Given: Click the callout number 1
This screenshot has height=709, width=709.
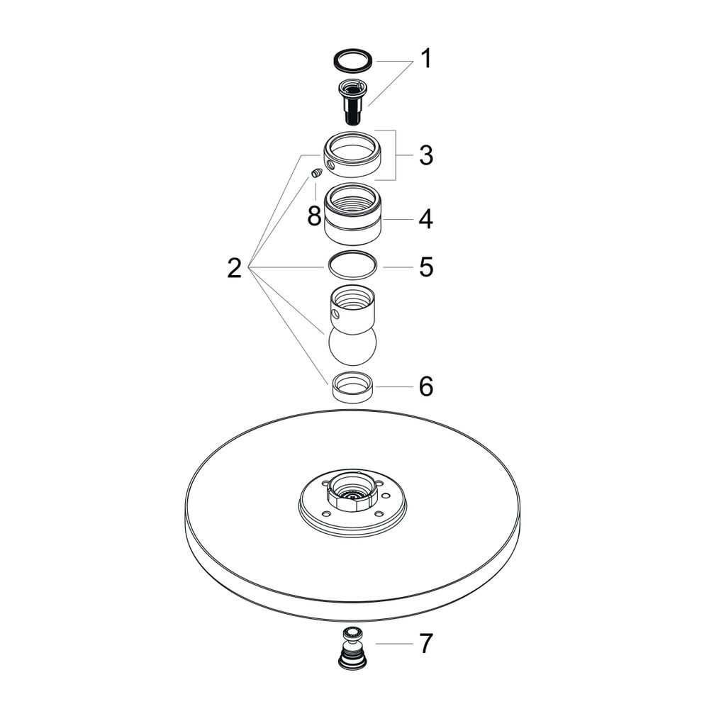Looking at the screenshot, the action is coord(425,59).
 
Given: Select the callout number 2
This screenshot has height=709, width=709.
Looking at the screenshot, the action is coord(234,268).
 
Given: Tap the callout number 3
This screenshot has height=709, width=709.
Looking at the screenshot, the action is coord(425,155).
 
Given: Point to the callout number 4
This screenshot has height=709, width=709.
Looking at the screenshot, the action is coord(425,219).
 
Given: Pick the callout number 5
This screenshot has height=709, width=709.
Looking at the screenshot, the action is coord(426,267).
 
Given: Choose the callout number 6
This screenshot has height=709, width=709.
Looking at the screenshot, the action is coord(426,386).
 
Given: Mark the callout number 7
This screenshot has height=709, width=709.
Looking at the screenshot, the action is coord(426,643).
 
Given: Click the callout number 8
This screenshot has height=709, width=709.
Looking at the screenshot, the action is coord(315,216).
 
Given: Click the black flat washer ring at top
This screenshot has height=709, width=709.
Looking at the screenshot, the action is coord(352,61).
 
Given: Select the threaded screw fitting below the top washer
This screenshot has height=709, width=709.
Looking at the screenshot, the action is coord(352,101).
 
